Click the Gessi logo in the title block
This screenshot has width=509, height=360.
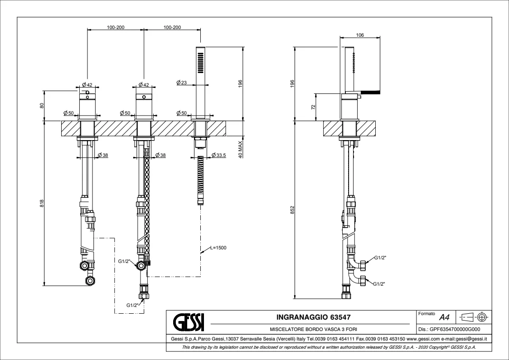click(x=189, y=322)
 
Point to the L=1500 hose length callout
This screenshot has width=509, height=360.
click(x=218, y=248)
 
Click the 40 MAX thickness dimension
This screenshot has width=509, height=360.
click(x=240, y=147)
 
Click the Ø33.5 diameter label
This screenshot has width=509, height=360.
click(x=218, y=155)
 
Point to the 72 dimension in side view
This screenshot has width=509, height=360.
click(x=313, y=107)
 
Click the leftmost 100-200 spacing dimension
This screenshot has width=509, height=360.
click(x=116, y=28)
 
